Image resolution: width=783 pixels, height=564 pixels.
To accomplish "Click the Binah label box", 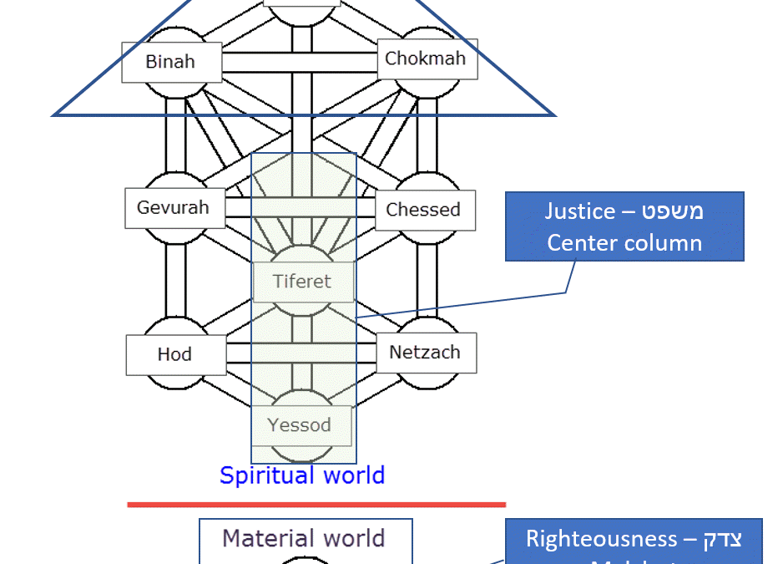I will [170, 62].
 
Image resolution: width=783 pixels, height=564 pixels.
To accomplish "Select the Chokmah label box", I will [425, 59].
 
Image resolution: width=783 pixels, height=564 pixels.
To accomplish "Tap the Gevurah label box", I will [173, 208].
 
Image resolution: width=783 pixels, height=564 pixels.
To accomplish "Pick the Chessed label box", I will [423, 210].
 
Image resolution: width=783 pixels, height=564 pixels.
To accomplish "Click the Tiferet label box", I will [302, 282].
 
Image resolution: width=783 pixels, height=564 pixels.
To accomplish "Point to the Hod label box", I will [174, 354].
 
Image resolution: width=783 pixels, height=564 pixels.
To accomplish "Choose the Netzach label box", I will [425, 353].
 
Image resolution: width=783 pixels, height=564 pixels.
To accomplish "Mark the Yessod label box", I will [300, 425].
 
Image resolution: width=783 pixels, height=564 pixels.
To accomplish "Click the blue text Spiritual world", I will [302, 475].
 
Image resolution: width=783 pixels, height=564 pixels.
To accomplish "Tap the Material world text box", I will [304, 538].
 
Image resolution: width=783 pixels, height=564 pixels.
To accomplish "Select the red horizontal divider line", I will [316, 504].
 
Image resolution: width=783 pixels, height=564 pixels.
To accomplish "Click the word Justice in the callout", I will [580, 211].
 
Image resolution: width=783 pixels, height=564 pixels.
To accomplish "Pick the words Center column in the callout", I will [624, 243].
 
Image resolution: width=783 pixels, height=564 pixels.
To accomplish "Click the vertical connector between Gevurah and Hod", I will [174, 280].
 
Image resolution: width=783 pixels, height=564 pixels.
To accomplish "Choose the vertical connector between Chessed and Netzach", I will [426, 280].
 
